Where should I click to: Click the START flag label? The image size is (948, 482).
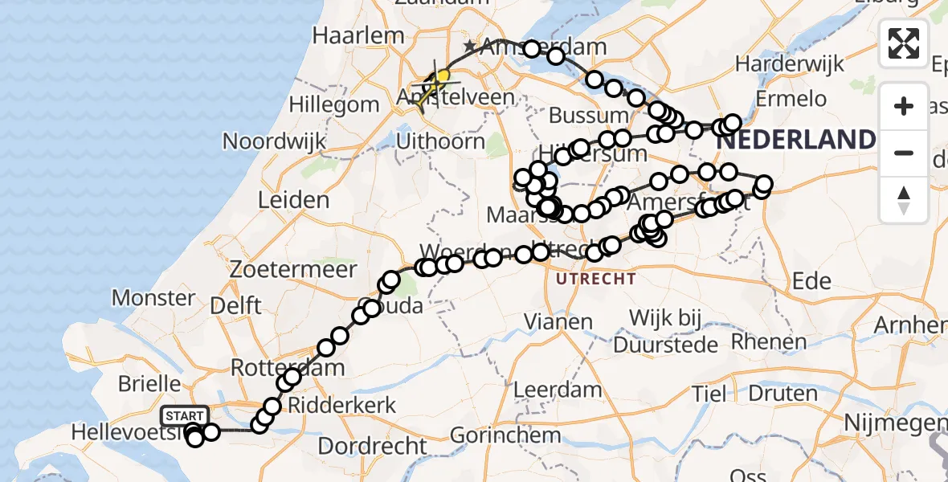tap(185, 415)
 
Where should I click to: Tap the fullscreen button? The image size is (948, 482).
tap(904, 43)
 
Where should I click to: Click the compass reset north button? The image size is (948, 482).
tap(904, 200)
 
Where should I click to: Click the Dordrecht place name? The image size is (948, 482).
tap(373, 445)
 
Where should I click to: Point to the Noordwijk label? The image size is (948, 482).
tap(275, 141)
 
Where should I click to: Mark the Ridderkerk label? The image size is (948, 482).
tap(344, 404)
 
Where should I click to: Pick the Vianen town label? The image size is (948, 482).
tap(558, 322)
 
